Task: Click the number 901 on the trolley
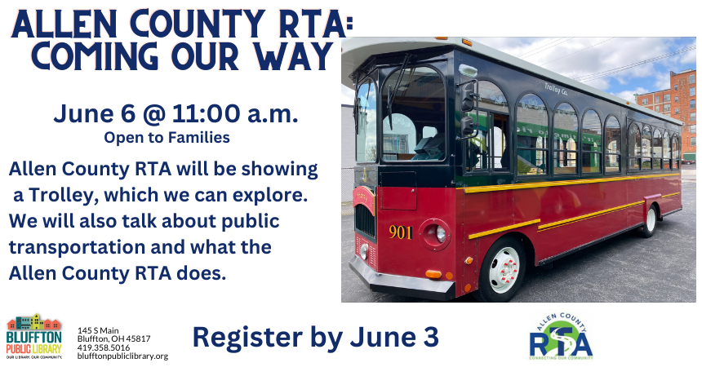pyautogui.click(x=400, y=232)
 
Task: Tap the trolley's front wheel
pyautogui.click(x=503, y=269)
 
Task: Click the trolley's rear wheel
pyautogui.click(x=650, y=220)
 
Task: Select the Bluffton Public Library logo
pyautogui.click(x=34, y=337)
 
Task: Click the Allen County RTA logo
pyautogui.click(x=561, y=336)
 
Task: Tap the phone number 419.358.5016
pyautogui.click(x=104, y=347)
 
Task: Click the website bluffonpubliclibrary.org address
pyautogui.click(x=122, y=356)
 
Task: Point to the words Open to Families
pyautogui.click(x=167, y=137)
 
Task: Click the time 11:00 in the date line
pyautogui.click(x=206, y=113)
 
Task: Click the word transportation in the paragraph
pyautogui.click(x=76, y=247)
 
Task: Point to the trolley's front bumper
pyautogui.click(x=401, y=278)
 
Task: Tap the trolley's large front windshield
pyautogui.click(x=412, y=114)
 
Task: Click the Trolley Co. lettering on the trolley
pyautogui.click(x=556, y=89)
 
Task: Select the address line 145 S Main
pyautogui.click(x=98, y=331)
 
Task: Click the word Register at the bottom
pyautogui.click(x=247, y=338)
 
